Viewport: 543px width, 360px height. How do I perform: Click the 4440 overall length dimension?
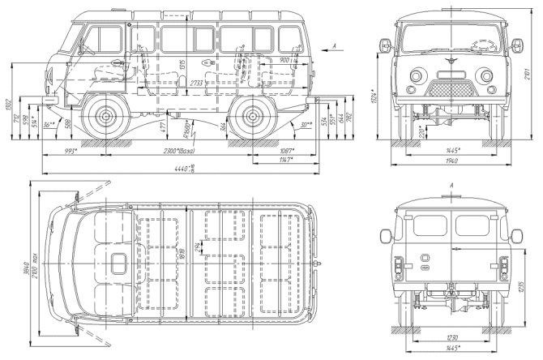tap(188, 169)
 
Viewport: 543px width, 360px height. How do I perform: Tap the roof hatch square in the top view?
tap(119, 262)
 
